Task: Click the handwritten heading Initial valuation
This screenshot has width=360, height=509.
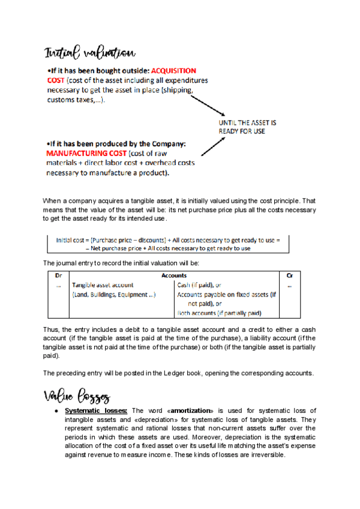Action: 89,53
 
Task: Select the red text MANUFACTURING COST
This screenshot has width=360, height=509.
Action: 82,153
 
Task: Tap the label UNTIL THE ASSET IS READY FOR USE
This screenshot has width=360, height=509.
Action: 247,127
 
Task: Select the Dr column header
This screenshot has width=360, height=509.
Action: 58,276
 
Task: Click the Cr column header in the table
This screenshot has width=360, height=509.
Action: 289,276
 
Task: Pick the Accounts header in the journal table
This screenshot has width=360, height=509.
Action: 174,276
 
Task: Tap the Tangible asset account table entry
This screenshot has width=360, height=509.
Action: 103,285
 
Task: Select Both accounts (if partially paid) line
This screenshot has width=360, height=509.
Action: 219,313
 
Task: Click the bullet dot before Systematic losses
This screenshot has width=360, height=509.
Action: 55,411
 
